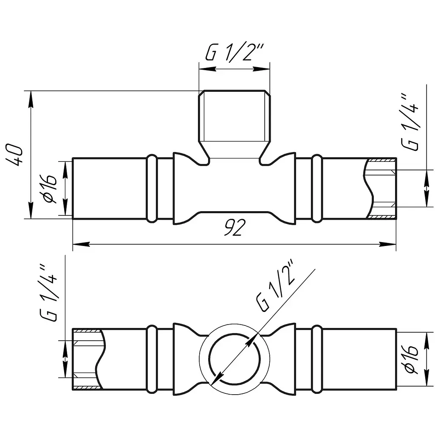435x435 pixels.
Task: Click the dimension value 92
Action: click(234, 228)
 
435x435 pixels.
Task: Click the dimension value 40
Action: click(14, 155)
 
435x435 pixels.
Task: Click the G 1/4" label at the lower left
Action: click(49, 293)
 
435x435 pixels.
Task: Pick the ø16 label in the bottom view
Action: click(411, 359)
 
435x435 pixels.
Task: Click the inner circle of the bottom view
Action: click(234, 334)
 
